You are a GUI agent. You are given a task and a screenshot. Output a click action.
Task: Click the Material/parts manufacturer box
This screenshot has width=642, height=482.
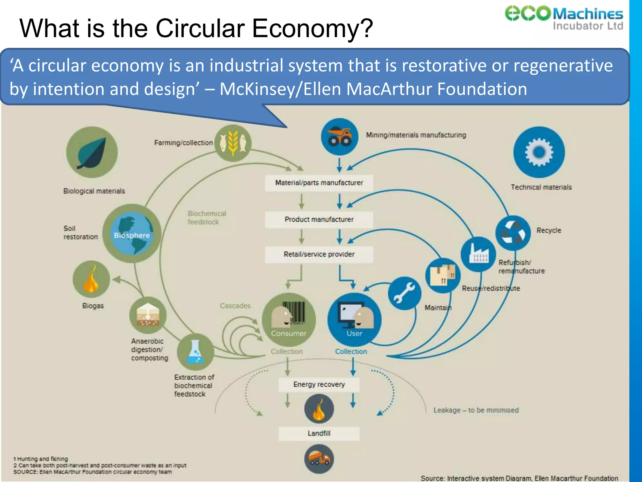coord(319,183)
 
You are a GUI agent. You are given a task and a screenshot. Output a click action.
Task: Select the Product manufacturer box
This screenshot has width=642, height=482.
coord(319,219)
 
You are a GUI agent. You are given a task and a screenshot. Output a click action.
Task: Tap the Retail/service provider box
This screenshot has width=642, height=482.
coord(319,254)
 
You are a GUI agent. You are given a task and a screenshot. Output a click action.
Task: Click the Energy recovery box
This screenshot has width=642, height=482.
coord(319,384)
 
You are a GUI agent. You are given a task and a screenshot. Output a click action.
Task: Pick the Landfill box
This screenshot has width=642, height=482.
coord(319,433)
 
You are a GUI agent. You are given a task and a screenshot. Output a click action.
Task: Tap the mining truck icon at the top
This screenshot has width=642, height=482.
coord(339,137)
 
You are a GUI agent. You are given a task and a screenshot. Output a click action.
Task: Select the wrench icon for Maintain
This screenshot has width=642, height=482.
coord(404,293)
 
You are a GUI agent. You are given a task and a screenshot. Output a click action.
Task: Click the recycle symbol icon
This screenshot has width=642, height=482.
coord(513,233)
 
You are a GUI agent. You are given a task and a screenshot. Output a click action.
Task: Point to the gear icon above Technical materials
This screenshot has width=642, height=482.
coord(539,152)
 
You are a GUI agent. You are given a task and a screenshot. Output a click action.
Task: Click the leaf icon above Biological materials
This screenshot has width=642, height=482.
coord(92,152)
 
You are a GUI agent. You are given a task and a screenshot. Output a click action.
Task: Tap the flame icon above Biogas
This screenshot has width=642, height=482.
coord(91,279)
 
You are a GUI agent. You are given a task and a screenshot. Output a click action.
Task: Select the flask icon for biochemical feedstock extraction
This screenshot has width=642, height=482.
coord(195,352)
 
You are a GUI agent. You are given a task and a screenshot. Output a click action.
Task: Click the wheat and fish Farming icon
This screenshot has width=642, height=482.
coord(233,143)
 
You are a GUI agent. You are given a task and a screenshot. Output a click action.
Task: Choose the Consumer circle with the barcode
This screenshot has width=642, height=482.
coord(289,320)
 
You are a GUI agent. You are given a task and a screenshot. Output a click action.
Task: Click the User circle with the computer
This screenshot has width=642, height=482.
coord(354,320)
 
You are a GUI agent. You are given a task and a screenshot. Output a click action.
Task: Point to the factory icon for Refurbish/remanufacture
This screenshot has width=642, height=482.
coord(478,254)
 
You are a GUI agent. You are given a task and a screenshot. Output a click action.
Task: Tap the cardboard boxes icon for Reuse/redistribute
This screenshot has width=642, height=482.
coord(443,276)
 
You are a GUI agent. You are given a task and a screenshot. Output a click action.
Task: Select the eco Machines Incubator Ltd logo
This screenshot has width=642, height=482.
coord(564,18)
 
